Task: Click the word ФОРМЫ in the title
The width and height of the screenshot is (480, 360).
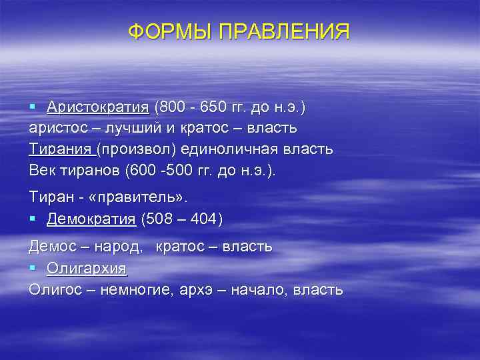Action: click(169, 31)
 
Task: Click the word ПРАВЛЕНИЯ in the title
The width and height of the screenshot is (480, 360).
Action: click(282, 31)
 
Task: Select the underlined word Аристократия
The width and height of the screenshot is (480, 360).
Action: click(98, 107)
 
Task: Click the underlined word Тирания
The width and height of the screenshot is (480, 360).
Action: click(61, 149)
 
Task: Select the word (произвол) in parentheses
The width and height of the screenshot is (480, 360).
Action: click(134, 149)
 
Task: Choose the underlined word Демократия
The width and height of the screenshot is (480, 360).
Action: click(91, 219)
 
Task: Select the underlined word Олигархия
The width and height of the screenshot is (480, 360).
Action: click(87, 269)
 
